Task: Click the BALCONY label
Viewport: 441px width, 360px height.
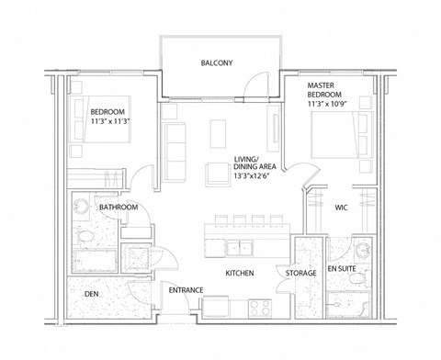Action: coord(217,63)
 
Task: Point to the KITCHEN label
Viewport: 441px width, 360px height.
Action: coord(239,274)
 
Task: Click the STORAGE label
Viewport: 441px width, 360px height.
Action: coord(300,274)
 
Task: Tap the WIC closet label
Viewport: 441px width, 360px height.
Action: coord(340,207)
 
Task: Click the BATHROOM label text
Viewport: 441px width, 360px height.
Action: coord(119,208)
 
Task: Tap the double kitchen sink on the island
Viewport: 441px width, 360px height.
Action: coord(241,247)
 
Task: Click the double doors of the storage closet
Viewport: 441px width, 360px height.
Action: coord(303,246)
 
